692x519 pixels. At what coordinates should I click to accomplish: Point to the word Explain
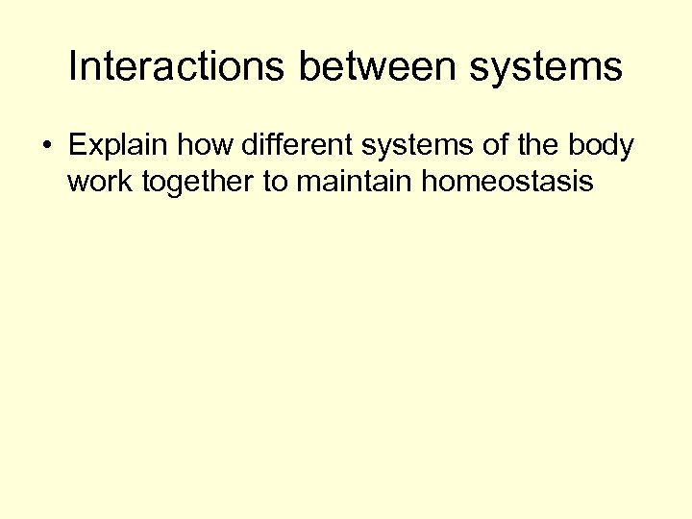111,146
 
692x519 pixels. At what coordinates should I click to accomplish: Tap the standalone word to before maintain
275,182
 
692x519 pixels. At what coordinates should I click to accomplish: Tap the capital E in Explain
77,146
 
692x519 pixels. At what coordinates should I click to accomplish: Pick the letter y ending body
627,149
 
